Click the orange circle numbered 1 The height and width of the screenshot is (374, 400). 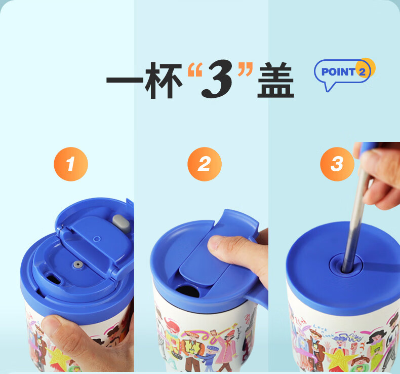coord(71,164)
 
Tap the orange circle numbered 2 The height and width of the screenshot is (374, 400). coord(205,164)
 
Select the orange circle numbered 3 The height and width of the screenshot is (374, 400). coord(337,164)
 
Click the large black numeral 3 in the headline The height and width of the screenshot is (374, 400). coord(218,79)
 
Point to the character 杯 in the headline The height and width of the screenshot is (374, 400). coord(164,80)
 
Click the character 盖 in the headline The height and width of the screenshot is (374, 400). coord(276,80)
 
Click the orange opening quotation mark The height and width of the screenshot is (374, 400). coord(194,69)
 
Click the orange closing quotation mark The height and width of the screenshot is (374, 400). coord(245,69)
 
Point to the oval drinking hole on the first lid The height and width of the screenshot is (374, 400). coord(54,278)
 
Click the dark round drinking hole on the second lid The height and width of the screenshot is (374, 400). coord(187,291)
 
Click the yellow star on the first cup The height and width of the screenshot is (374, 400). coord(58,356)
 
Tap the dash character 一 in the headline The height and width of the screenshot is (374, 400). coord(125,80)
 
